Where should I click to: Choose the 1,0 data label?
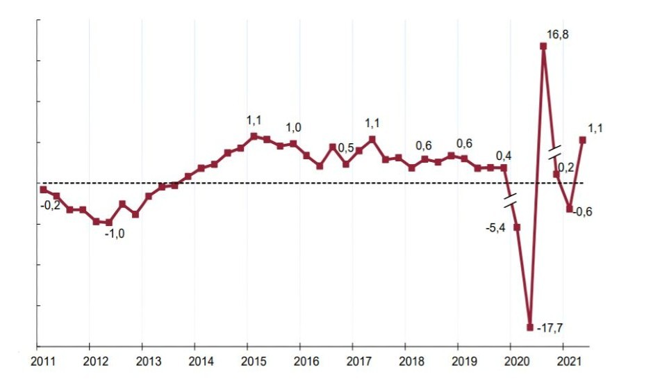tap(294, 127)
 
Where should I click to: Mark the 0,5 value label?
tap(346, 147)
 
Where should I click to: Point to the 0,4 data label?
tap(504, 155)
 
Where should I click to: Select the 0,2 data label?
tap(566, 167)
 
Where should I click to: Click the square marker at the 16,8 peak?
tap(543, 47)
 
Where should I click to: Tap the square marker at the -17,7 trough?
tap(530, 327)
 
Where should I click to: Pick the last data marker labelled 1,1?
tap(582, 140)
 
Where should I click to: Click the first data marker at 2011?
tap(43, 189)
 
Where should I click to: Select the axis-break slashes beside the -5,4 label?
tap(511, 201)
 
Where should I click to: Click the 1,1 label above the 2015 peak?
tap(254, 121)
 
